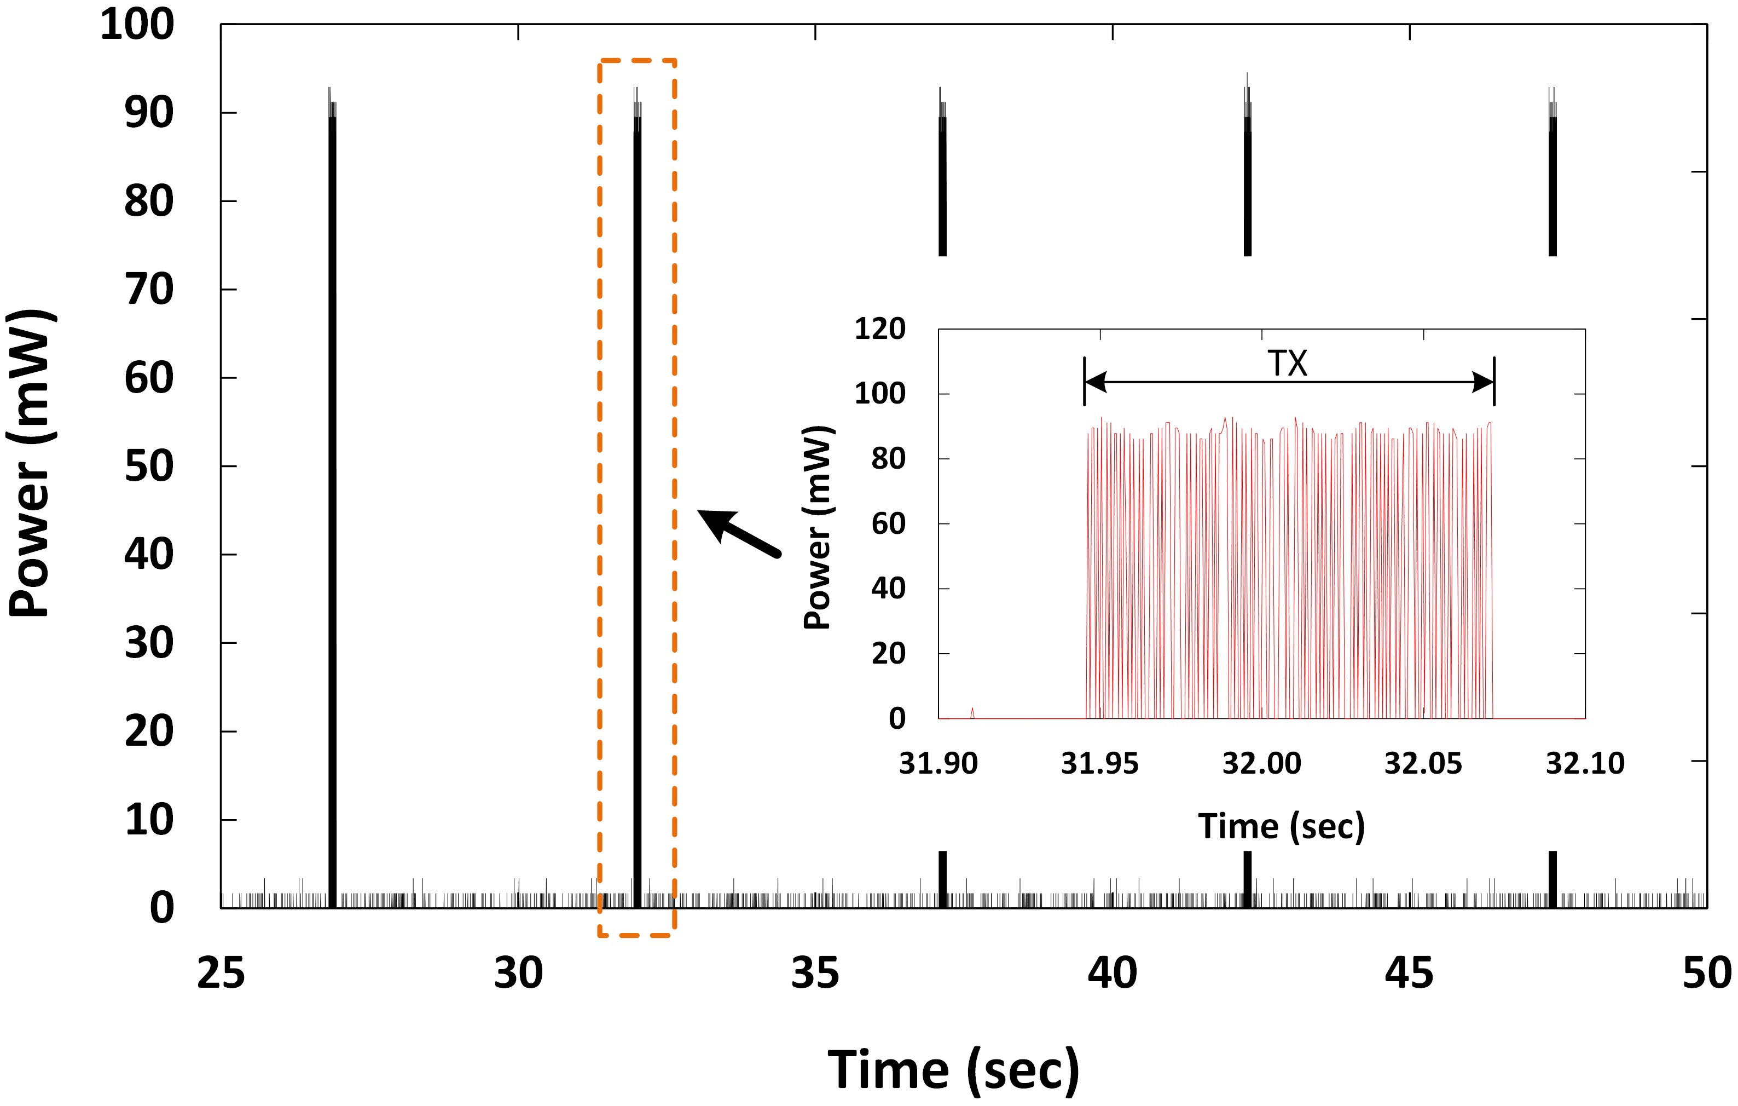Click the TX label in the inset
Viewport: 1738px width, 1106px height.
(x=1288, y=363)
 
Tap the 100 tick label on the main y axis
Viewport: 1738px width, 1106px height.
(x=137, y=25)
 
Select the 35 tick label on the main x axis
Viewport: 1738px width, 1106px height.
(x=815, y=972)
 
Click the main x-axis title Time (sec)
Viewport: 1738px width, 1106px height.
(x=953, y=1069)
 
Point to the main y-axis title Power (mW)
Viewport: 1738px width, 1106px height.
(x=30, y=463)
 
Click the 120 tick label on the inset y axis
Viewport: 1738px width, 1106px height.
(x=880, y=329)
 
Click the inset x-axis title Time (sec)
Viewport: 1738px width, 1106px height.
(x=1282, y=826)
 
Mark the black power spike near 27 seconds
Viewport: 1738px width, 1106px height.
(x=332, y=505)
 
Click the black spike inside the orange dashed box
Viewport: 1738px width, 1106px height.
(x=638, y=505)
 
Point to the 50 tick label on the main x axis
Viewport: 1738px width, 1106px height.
(x=1706, y=972)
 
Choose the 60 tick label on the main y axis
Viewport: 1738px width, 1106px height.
(x=149, y=378)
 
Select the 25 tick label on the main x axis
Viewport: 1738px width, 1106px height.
(x=221, y=972)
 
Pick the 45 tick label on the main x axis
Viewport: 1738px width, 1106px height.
(x=1409, y=972)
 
